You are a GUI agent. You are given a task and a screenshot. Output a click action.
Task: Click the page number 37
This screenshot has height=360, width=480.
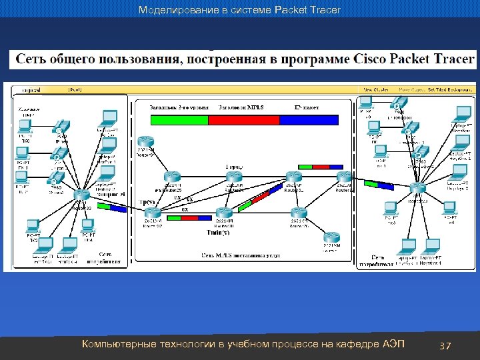pos(445,345)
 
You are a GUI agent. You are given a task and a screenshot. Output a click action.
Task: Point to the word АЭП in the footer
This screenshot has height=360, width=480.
pos(393,344)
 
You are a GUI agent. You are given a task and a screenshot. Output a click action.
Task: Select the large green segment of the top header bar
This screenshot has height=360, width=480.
pos(179,120)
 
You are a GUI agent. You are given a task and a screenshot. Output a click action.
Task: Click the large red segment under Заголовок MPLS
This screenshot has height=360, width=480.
pos(243,120)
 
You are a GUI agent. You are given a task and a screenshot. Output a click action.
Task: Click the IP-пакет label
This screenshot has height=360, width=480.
pos(307,107)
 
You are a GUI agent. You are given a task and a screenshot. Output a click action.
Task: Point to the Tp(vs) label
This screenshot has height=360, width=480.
pos(147,201)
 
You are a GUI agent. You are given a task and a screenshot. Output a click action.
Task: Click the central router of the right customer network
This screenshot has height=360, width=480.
pos(418,189)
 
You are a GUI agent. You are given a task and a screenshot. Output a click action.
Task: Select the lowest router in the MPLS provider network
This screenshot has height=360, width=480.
pos(331,239)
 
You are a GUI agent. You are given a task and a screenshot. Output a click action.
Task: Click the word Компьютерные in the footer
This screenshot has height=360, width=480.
pos(118,344)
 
